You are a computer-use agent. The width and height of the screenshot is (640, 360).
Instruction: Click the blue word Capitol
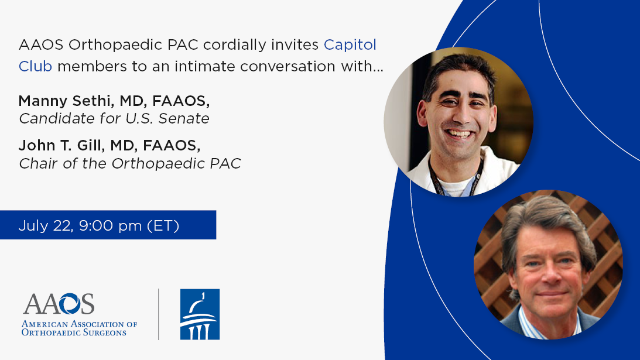(x=350, y=45)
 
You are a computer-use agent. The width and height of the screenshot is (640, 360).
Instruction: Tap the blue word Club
(x=36, y=66)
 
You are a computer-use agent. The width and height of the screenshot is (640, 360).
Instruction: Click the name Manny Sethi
(x=64, y=101)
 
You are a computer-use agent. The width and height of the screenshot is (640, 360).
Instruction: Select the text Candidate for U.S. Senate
(x=114, y=118)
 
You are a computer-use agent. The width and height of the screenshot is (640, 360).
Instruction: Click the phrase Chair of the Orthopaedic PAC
(x=130, y=163)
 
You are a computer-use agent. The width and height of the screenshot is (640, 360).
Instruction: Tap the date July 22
(x=45, y=226)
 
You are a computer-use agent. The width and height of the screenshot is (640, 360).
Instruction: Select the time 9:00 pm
(x=110, y=226)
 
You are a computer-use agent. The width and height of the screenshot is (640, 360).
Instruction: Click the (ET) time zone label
(x=163, y=226)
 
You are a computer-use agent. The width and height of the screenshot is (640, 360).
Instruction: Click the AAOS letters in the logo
(x=59, y=304)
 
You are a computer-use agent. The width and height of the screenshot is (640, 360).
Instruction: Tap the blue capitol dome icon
(x=200, y=314)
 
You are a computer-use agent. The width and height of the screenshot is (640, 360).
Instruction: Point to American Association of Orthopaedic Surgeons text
(x=79, y=328)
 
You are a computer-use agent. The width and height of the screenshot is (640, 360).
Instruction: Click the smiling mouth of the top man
(x=459, y=133)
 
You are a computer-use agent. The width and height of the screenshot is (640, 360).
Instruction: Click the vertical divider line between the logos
(x=158, y=314)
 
